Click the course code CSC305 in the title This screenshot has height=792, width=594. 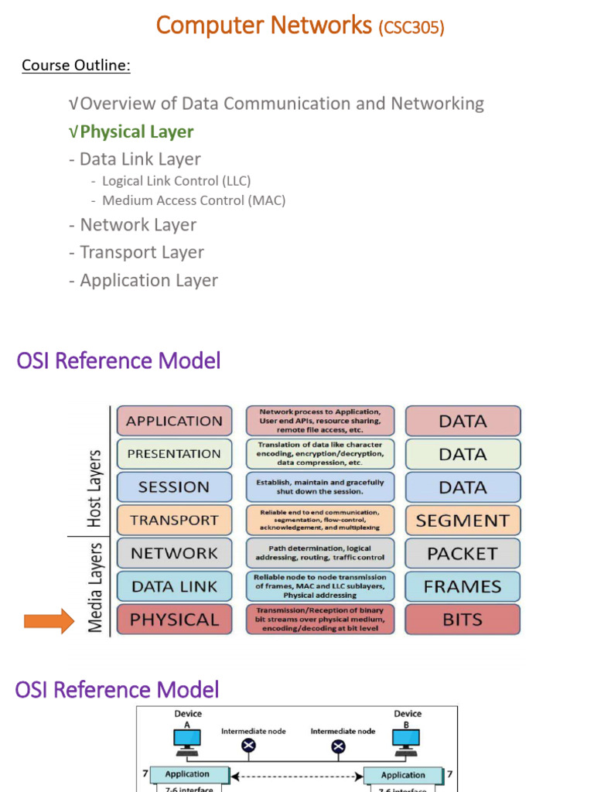411,28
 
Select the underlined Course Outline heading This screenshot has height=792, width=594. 76,65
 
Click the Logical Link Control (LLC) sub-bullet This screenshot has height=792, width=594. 176,181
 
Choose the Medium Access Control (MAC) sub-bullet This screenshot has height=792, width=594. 193,200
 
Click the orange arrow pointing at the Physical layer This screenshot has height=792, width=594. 48,620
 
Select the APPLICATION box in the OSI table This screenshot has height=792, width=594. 174,421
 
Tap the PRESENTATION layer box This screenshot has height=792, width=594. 174,454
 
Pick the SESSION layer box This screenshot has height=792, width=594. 174,487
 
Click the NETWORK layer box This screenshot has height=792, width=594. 174,553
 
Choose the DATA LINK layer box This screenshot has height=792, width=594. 174,586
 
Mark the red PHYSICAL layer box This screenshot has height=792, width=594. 174,620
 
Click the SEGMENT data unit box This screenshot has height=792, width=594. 463,521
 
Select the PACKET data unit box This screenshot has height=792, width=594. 463,554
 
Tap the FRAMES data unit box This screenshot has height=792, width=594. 463,587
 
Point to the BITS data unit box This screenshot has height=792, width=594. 463,620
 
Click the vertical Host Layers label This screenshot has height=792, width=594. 94,489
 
